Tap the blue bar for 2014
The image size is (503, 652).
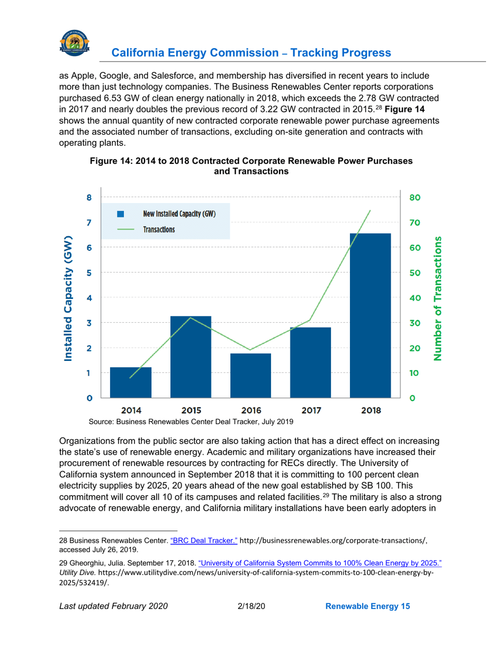(x=130, y=382)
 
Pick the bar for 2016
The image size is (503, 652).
(x=250, y=375)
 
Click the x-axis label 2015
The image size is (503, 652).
(x=191, y=410)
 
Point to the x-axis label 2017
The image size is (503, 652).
(x=310, y=410)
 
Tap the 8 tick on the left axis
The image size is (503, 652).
(x=89, y=198)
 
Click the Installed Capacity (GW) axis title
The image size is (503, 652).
(x=68, y=298)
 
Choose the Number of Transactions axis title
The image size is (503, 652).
(x=438, y=298)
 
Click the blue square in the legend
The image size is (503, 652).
(x=120, y=214)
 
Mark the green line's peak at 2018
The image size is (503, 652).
(x=370, y=210)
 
